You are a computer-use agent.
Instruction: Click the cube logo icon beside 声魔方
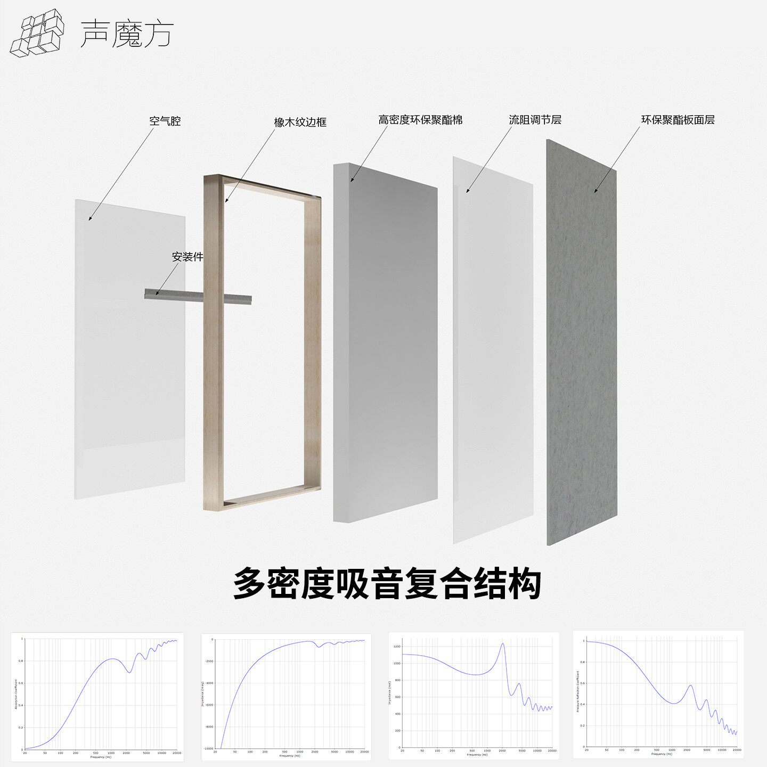[x=37, y=33]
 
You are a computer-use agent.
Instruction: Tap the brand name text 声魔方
[x=127, y=34]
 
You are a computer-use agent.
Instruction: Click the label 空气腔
[x=165, y=121]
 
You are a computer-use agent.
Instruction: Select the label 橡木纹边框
[x=300, y=122]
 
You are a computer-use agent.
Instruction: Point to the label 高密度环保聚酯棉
[x=420, y=120]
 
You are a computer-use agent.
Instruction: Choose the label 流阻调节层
[x=535, y=120]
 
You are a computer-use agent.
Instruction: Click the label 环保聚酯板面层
[x=678, y=120]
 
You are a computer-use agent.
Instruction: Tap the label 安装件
[x=187, y=257]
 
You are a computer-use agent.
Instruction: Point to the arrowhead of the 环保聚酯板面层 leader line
[x=595, y=191]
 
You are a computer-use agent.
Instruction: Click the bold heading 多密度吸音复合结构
[x=387, y=584]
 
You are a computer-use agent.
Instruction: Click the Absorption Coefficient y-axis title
[x=16, y=693]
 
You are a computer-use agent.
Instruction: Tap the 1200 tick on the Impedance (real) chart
[x=396, y=647]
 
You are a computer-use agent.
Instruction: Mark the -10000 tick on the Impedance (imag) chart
[x=207, y=748]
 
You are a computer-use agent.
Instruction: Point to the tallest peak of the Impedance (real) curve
[x=502, y=644]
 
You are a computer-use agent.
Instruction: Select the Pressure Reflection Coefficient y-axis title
[x=578, y=691]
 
